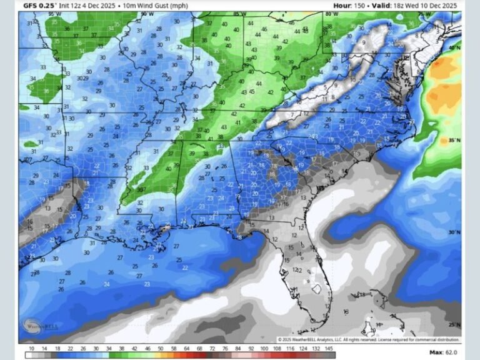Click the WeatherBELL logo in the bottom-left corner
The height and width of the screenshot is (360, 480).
pyautogui.click(x=36, y=326)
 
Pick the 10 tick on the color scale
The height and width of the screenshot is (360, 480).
pyautogui.click(x=31, y=349)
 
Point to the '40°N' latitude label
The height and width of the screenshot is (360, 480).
pyautogui.click(x=454, y=47)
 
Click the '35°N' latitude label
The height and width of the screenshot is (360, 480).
pyautogui.click(x=454, y=141)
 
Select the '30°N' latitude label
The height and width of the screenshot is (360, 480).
pyautogui.click(x=454, y=232)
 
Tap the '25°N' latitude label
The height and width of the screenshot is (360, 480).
pyautogui.click(x=454, y=325)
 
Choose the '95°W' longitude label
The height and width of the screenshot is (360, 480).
pyautogui.click(x=55, y=13)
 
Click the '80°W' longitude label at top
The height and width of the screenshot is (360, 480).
pyautogui.click(x=332, y=13)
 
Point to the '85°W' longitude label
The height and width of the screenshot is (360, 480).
pyautogui.click(x=239, y=13)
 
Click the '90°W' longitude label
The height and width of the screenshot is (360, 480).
pyautogui.click(x=147, y=13)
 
